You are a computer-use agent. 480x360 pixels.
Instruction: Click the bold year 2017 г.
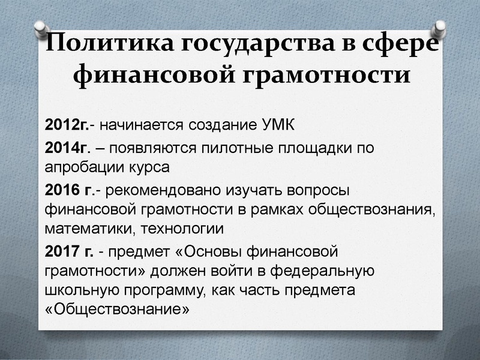pos(68,251)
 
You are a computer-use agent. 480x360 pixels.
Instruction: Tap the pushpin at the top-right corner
pos(440,28)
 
